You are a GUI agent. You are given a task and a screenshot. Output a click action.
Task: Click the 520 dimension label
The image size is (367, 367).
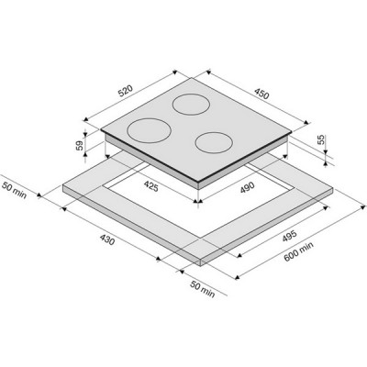(x=126, y=91)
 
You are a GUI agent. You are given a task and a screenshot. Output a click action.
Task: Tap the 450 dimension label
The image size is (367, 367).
(x=261, y=94)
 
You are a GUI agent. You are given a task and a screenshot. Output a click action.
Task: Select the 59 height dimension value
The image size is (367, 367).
(x=80, y=145)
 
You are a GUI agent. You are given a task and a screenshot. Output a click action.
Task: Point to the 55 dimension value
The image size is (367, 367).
(x=320, y=140)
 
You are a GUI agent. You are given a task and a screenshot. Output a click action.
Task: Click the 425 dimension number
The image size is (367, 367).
(x=151, y=186)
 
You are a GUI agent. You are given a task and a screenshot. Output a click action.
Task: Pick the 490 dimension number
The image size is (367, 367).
(x=247, y=187)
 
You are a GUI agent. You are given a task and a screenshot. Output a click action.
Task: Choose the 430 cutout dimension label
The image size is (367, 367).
(x=107, y=239)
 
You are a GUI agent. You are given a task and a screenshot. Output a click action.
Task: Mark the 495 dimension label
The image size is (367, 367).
(x=289, y=237)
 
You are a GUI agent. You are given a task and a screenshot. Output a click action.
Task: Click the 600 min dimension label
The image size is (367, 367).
(x=298, y=252)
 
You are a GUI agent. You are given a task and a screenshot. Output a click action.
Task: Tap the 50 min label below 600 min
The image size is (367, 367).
(x=203, y=289)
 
